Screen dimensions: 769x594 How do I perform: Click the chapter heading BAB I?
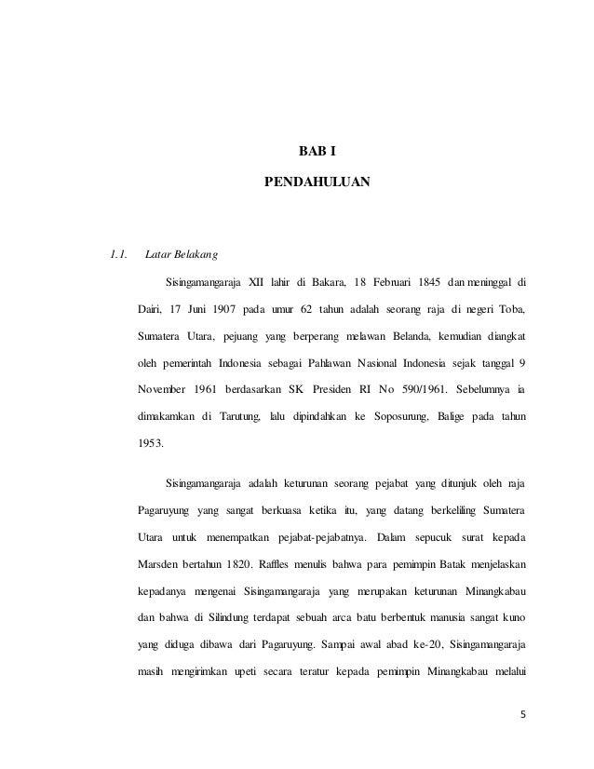click(317, 148)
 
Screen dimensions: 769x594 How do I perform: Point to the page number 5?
click(521, 715)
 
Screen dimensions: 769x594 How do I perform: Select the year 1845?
click(427, 282)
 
